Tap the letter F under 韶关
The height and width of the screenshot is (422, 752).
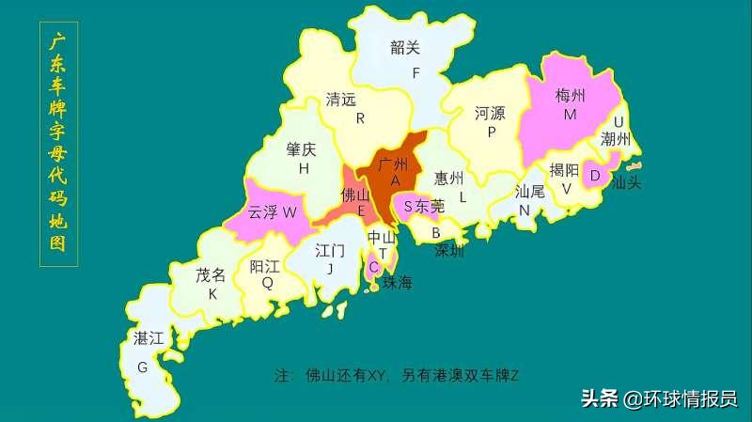[x=415, y=71]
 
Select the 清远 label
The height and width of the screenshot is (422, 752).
[x=341, y=99]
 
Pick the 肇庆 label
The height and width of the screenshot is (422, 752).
[x=302, y=149]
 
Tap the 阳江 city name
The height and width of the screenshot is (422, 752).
[x=266, y=266]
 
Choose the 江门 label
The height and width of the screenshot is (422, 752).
[x=330, y=251]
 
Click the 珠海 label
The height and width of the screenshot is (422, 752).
[x=396, y=282]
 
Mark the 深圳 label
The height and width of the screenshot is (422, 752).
[x=448, y=252]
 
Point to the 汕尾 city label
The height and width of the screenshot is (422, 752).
[x=530, y=191]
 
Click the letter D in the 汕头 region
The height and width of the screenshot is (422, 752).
[x=595, y=174]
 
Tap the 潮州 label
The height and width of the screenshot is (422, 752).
[x=617, y=140]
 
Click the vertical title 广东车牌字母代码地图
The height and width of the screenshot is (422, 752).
[x=58, y=146]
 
